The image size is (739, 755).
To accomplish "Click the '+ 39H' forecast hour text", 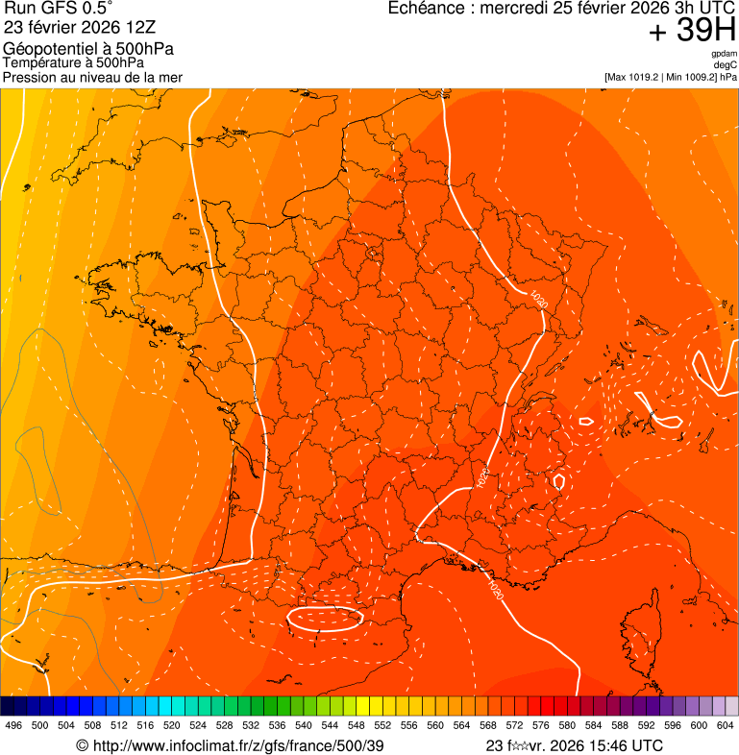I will [x=692, y=31].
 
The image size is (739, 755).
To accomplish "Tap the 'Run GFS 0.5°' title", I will [x=59, y=9].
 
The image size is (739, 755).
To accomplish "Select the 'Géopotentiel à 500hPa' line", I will [x=88, y=49].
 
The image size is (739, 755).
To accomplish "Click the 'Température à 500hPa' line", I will [x=73, y=62].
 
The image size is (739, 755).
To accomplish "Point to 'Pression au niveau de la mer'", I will [x=92, y=77].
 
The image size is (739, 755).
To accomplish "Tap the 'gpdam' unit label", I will [x=724, y=54].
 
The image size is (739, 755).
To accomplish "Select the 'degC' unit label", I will [x=726, y=65].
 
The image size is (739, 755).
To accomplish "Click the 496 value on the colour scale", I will [x=13, y=725].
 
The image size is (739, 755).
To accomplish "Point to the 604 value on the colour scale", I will [x=725, y=725].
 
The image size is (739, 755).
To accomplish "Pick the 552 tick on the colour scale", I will [x=382, y=725].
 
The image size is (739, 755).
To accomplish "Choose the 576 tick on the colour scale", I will [x=540, y=725].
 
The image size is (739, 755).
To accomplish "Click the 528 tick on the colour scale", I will [x=224, y=725].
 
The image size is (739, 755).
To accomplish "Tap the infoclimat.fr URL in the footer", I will [x=230, y=745].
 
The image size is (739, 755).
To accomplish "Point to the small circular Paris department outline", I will [x=372, y=254].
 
